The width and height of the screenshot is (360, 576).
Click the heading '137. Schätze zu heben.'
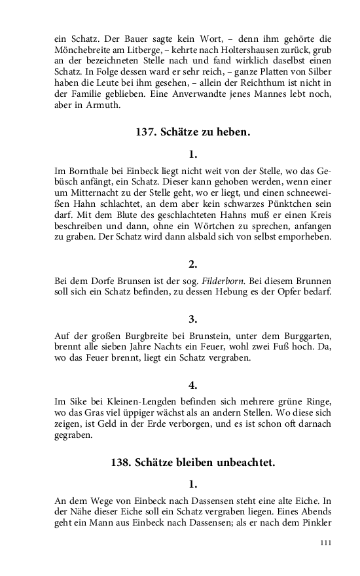192,132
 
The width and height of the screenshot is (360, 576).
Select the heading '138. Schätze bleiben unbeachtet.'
192,462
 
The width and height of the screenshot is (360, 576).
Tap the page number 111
326,543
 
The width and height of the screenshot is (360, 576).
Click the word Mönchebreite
82,50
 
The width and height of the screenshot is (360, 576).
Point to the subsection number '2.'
192,264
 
